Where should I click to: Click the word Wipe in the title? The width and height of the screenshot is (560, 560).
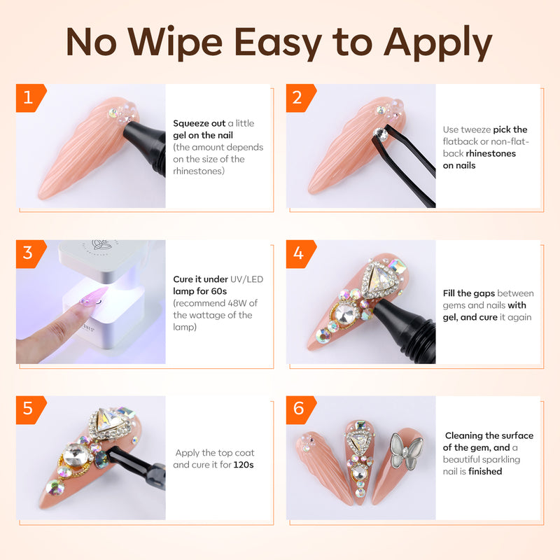175,42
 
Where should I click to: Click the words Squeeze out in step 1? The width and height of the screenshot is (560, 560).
199,124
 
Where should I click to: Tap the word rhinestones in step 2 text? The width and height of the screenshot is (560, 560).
491,153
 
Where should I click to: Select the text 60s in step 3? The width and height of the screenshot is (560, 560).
218,291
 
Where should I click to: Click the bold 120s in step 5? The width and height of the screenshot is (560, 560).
244,465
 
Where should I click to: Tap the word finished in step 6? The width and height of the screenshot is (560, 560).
485,471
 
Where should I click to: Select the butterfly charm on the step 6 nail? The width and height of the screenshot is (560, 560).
406,451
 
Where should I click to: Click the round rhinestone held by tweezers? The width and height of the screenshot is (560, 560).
380,134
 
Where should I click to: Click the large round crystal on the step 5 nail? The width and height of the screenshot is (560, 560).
76,454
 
